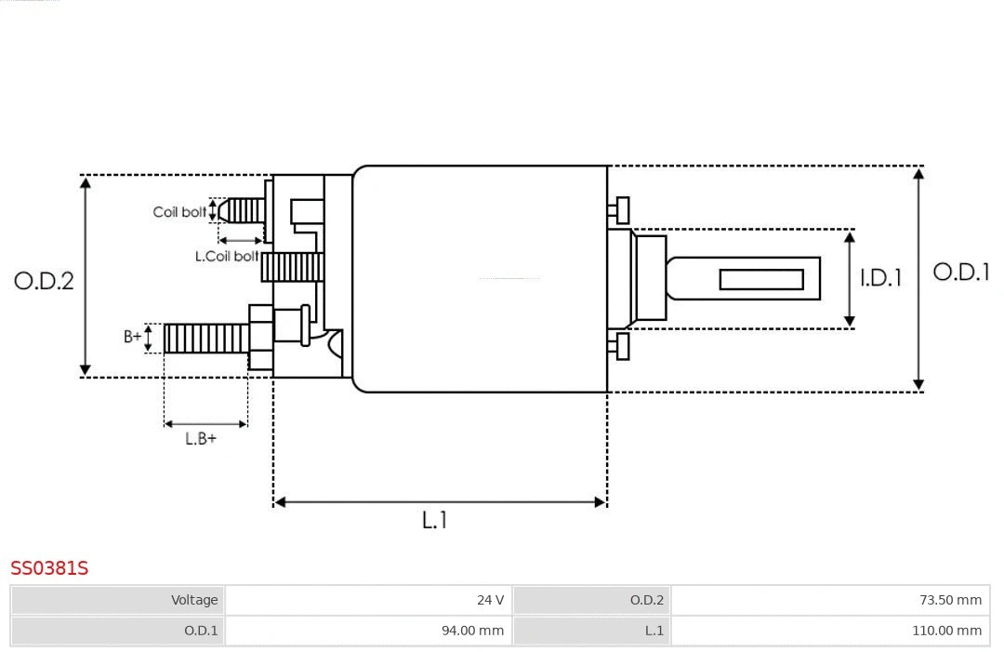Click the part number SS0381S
pos(49,567)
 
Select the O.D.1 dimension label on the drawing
pos(960,273)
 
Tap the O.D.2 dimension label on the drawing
pos(44,280)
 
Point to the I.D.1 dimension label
pos(880,277)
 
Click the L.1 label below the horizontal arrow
pos(435,521)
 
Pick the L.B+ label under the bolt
pos(201,439)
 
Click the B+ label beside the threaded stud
pos(133,337)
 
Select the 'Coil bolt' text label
pos(179,212)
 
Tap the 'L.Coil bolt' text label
pos(227,256)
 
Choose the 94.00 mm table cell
pos(472,631)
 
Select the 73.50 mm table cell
pos(950,600)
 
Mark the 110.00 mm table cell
pos(946,631)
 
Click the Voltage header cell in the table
pos(193,600)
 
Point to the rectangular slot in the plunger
pos(761,279)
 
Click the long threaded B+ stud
pos(206,339)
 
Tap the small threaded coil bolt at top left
pos(243,211)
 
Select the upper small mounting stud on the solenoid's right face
pos(620,210)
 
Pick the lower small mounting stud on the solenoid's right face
pos(620,346)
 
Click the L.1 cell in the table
pos(654,631)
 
